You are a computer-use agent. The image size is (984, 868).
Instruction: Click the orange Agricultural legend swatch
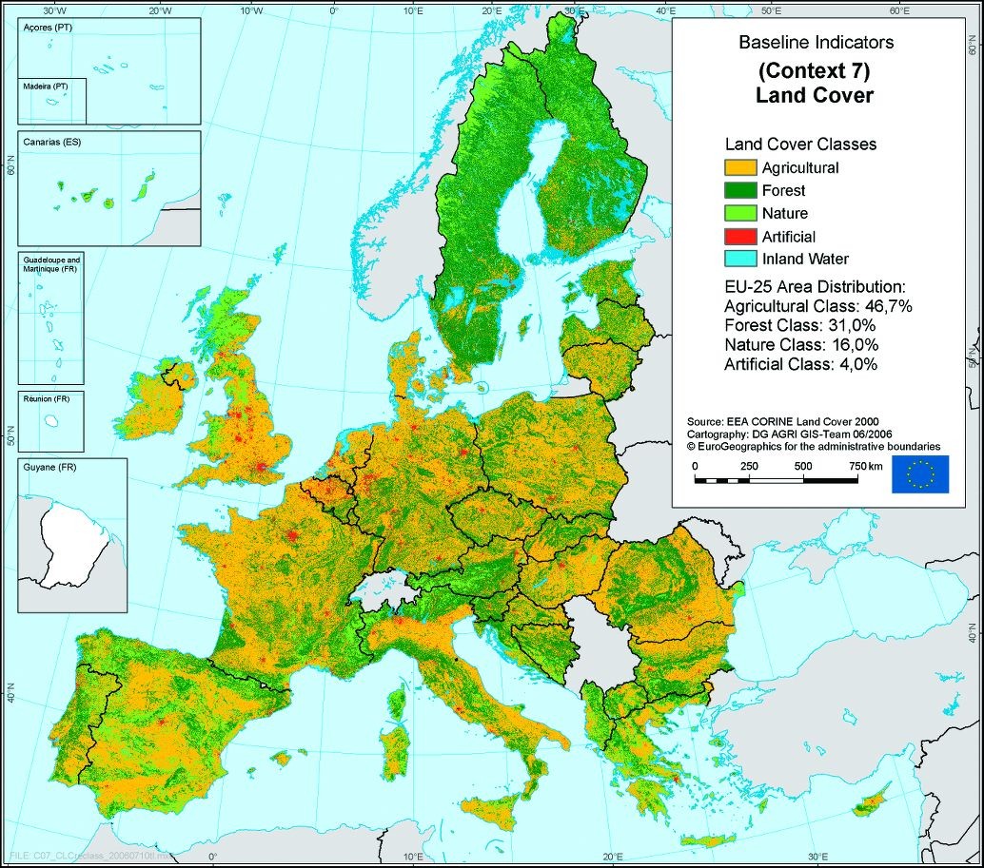pos(738,168)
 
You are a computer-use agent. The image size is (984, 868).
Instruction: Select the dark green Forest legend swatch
pos(738,191)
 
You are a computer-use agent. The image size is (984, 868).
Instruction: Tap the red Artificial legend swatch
pos(738,237)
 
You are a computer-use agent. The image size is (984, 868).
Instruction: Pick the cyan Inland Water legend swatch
pos(738,259)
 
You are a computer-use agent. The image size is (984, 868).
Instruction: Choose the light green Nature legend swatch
pos(738,214)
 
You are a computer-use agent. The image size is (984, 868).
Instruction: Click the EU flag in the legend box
pos(919,474)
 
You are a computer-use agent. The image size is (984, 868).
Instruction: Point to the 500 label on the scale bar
pos(803,466)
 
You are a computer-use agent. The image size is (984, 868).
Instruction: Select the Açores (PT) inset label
pos(47,29)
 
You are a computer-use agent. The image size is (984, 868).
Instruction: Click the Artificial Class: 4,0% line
pos(800,363)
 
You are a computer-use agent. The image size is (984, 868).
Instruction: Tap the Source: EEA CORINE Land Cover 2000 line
pos(782,420)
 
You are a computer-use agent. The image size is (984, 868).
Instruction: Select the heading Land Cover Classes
pos(800,145)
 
